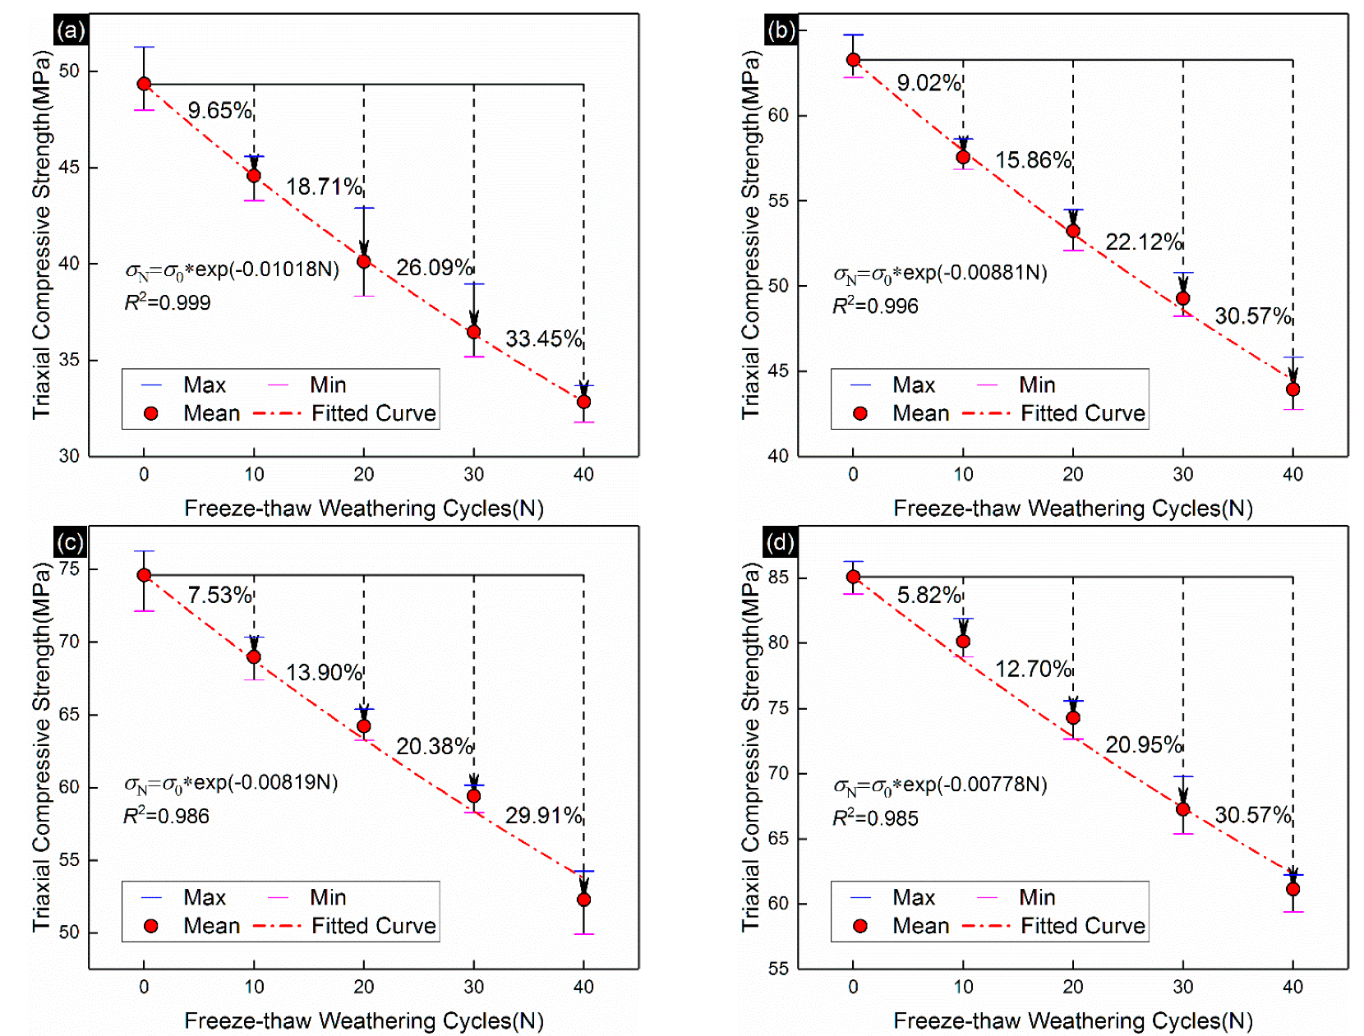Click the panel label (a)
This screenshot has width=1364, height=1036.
pos(71,31)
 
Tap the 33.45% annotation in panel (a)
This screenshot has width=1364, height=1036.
pos(543,338)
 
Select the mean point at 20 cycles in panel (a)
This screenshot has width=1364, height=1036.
pos(364,261)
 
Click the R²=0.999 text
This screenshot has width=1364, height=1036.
pos(168,303)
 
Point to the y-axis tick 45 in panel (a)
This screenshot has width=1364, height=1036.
pos(69,168)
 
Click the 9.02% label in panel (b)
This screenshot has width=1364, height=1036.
pos(929,83)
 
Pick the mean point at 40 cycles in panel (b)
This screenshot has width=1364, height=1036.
pos(1293,389)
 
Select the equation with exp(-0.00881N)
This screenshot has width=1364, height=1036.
pos(940,273)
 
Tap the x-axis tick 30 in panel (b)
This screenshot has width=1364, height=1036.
pos(1182,474)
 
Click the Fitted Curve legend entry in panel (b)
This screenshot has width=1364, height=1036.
pos(1082,413)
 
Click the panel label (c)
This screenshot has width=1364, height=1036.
pos(71,543)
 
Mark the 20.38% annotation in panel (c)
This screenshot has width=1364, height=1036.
pos(434,746)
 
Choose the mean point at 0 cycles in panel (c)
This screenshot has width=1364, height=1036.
pos(144,575)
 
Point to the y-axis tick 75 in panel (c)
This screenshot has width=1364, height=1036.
pos(69,569)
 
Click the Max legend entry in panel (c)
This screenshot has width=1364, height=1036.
pos(204,897)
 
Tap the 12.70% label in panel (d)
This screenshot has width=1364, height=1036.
pos(1033,669)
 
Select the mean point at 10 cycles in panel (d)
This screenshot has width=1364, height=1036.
pos(963,642)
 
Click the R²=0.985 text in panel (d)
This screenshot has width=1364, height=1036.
pos(876,818)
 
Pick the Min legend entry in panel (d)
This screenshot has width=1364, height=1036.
pos(1037,897)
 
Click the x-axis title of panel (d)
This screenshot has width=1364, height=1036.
pos(1072,1020)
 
